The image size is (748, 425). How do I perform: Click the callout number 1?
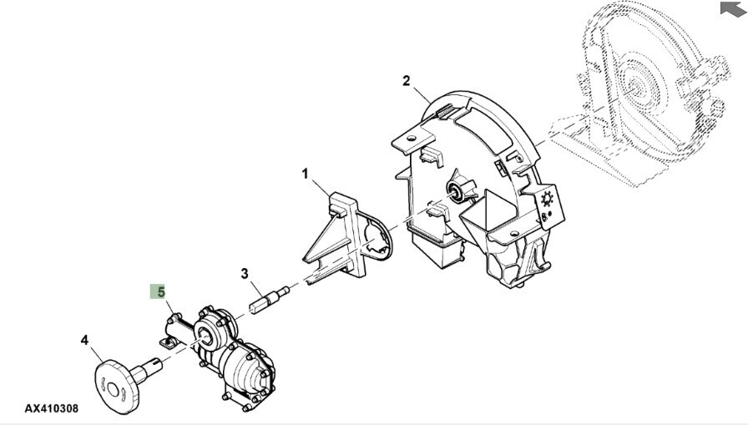(x=305, y=175)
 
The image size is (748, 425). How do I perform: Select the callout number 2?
(x=406, y=81)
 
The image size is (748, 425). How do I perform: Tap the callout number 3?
(x=245, y=273)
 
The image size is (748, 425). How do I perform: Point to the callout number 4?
(x=84, y=340)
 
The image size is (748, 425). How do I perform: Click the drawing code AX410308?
(x=52, y=408)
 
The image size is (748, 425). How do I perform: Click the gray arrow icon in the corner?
(x=733, y=8)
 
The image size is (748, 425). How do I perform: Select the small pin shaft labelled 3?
(x=270, y=299)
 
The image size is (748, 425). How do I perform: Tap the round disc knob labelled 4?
(x=117, y=387)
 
